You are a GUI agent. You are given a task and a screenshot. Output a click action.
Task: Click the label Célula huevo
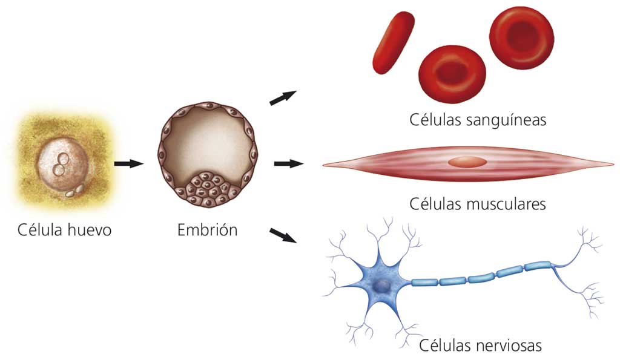click(x=65, y=230)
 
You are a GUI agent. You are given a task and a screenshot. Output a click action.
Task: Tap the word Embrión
click(x=207, y=230)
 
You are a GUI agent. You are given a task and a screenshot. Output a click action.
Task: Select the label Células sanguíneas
click(x=477, y=120)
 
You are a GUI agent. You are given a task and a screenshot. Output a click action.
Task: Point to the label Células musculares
click(x=477, y=203)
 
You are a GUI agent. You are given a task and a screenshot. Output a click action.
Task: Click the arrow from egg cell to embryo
click(x=129, y=163)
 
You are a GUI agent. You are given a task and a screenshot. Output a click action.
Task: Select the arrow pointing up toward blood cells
click(x=283, y=97)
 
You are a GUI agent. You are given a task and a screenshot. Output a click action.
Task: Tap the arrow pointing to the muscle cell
click(x=288, y=163)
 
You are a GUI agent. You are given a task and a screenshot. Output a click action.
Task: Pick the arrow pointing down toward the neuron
click(x=283, y=235)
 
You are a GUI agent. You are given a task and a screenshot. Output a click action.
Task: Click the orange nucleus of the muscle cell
click(x=466, y=162)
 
